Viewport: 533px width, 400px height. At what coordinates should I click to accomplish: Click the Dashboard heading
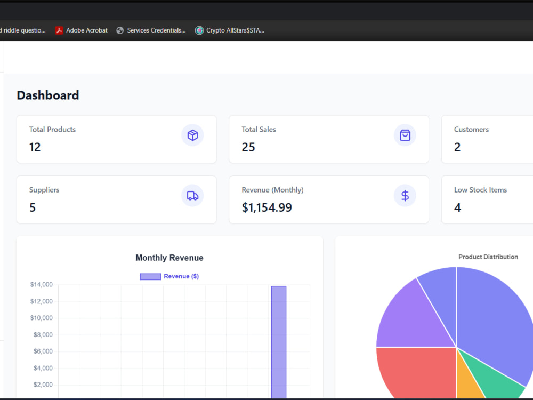coord(48,95)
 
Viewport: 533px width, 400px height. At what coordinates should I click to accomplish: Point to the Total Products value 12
coord(35,147)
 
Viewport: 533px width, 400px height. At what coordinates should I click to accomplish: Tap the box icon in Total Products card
coord(192,135)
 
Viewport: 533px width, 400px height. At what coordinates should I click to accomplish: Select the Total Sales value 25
coord(248,147)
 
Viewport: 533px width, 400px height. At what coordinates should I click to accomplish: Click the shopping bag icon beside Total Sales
coord(405,135)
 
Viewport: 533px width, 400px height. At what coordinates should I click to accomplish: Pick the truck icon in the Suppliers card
coord(192,196)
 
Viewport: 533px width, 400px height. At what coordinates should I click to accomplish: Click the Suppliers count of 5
coord(33,207)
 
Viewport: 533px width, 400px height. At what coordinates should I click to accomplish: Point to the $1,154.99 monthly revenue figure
coord(267,207)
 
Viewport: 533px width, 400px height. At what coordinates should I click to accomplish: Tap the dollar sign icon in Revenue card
coord(405,196)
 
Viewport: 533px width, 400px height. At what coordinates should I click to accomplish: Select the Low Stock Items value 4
coord(457,207)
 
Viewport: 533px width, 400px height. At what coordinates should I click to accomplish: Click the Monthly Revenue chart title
coord(169,258)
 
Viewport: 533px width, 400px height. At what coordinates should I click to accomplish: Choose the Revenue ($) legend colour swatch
coord(150,276)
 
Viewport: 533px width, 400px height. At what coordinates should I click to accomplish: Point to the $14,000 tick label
coord(42,285)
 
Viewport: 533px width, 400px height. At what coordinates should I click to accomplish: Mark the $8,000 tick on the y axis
coord(43,335)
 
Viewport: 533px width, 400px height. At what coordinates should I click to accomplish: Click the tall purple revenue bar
coord(279,342)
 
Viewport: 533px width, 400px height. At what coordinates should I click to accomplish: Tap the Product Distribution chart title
coord(488,257)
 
